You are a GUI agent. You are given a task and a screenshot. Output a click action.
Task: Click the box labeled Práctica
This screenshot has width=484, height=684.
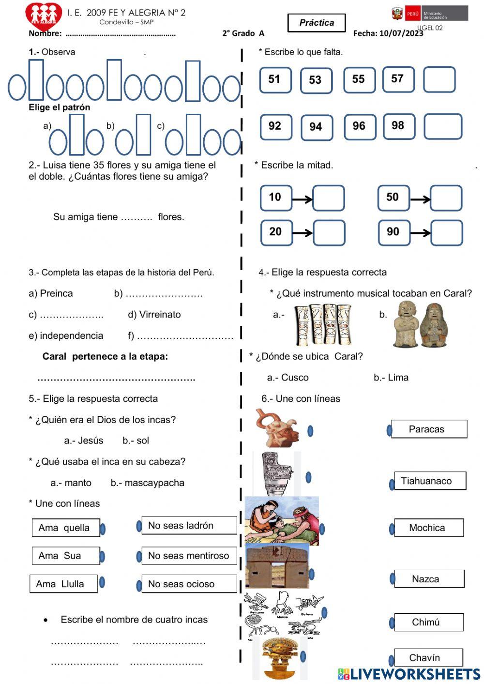[x=317, y=23]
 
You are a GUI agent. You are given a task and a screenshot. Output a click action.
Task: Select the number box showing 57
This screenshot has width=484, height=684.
[x=398, y=79]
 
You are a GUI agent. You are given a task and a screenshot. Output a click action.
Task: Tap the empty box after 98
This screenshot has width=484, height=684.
[x=443, y=126]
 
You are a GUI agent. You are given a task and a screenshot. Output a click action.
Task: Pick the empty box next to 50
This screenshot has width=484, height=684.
[x=446, y=198]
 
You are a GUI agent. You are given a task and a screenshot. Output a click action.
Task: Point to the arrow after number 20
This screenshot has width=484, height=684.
[x=302, y=233]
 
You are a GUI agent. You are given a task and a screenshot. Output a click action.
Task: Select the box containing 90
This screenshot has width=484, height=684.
[x=394, y=232]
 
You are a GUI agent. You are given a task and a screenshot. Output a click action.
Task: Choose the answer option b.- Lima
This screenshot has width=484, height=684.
[x=391, y=378]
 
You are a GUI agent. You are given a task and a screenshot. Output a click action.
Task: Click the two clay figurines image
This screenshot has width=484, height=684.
[x=420, y=324]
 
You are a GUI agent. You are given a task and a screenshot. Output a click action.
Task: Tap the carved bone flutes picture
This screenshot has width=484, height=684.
[x=323, y=324]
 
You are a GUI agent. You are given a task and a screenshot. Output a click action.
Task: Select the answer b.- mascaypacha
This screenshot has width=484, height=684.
[x=148, y=483]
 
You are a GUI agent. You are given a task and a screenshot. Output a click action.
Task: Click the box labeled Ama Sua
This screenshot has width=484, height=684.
[x=65, y=556]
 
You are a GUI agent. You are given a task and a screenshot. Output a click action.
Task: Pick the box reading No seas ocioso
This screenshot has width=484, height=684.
[x=189, y=584]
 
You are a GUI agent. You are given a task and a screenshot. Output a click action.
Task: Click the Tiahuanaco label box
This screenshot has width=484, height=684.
[x=430, y=481]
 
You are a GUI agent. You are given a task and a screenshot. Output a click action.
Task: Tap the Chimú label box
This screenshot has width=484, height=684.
[x=428, y=622]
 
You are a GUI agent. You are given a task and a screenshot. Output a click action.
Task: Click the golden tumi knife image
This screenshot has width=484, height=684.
[x=280, y=658]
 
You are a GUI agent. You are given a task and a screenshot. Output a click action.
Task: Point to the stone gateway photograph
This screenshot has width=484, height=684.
[x=277, y=565]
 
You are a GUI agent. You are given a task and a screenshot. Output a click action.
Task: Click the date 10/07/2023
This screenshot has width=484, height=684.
[x=401, y=33]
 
